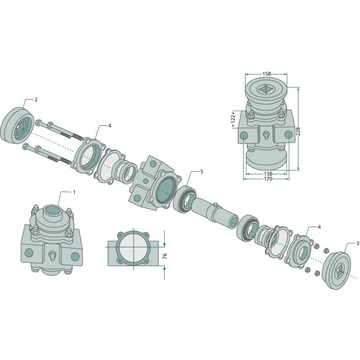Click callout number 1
point(74,192)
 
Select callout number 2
point(36,99)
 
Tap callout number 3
point(358,243)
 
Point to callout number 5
point(202,171)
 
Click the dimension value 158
point(266,74)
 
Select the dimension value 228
point(298,131)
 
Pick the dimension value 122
point(233,118)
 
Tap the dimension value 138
point(268,174)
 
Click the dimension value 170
point(268,179)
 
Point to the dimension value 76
point(165,256)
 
